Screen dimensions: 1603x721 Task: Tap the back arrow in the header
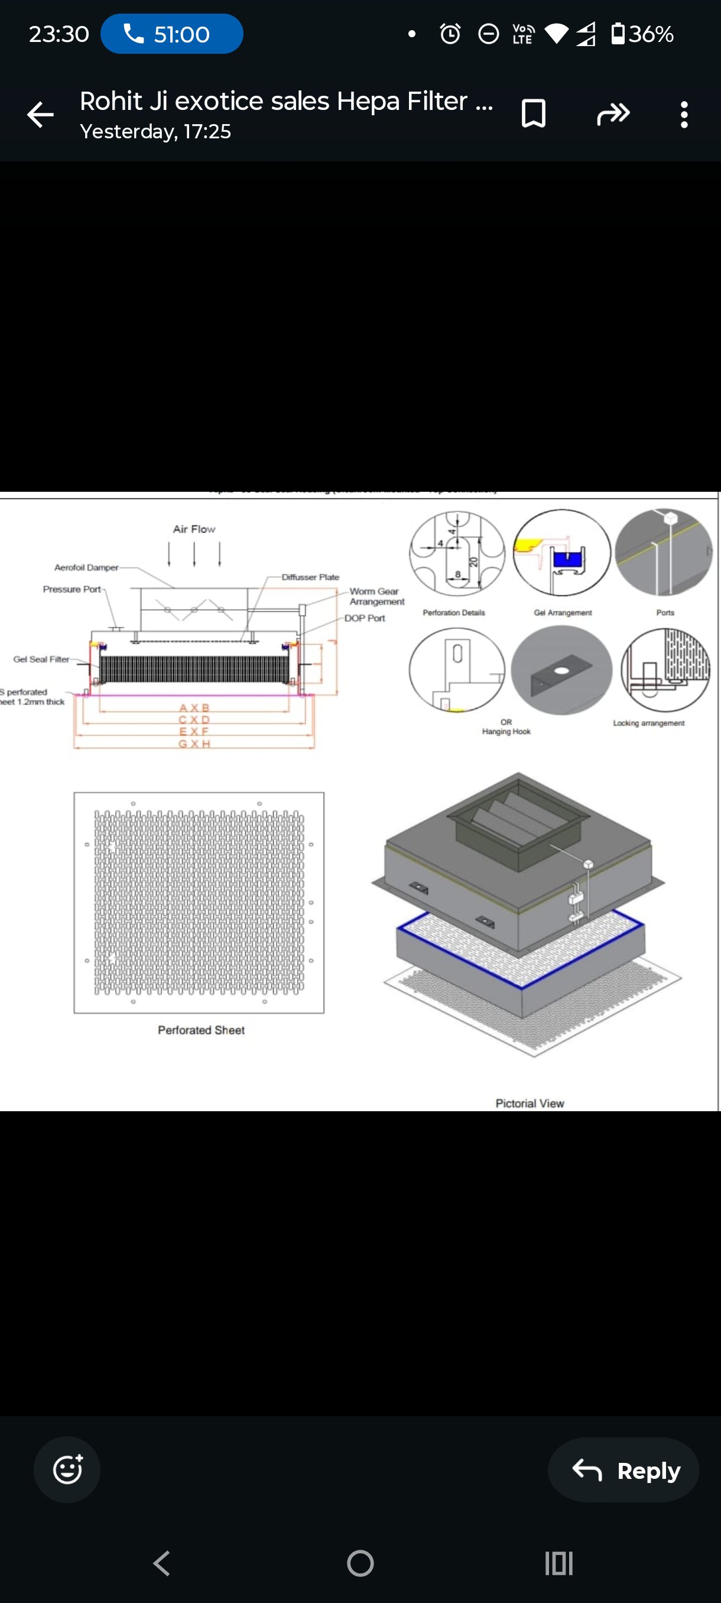pyautogui.click(x=40, y=115)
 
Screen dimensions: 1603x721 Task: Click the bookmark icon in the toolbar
pyautogui.click(x=533, y=114)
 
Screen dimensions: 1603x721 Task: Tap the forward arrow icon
pyautogui.click(x=613, y=114)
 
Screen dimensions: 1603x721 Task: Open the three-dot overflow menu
pyautogui.click(x=684, y=115)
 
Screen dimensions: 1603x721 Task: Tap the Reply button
pyautogui.click(x=623, y=1471)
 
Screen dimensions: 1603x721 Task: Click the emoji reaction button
pyautogui.click(x=67, y=1470)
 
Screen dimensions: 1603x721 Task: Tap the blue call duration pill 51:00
pyautogui.click(x=172, y=34)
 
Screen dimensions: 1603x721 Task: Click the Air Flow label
pyautogui.click(x=194, y=529)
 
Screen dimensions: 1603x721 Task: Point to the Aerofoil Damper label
pyautogui.click(x=86, y=567)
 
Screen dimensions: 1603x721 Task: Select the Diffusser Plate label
pyautogui.click(x=310, y=577)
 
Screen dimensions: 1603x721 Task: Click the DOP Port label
pyautogui.click(x=365, y=618)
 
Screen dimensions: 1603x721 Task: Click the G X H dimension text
pyautogui.click(x=194, y=744)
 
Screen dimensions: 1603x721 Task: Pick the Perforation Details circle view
pyautogui.click(x=457, y=553)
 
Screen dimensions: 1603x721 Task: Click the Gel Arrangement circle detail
pyautogui.click(x=562, y=553)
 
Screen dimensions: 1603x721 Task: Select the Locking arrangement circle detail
pyautogui.click(x=665, y=670)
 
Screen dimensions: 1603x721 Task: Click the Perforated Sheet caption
pyautogui.click(x=201, y=1030)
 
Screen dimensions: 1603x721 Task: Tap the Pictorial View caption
pyautogui.click(x=530, y=1104)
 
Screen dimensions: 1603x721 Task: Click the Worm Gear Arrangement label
pyautogui.click(x=376, y=596)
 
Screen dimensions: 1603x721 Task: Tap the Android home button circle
pyautogui.click(x=360, y=1563)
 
